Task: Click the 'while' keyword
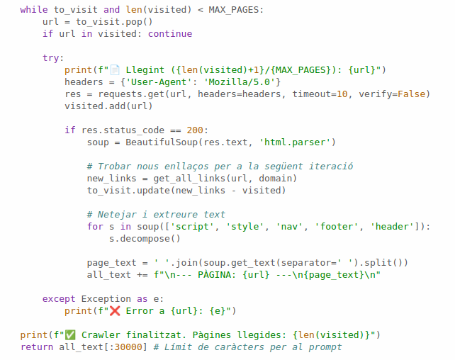click(34, 10)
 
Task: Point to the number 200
click(197, 130)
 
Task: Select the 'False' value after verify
click(412, 94)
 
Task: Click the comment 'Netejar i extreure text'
click(156, 215)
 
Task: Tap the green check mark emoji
click(71, 334)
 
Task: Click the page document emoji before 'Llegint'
click(114, 70)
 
